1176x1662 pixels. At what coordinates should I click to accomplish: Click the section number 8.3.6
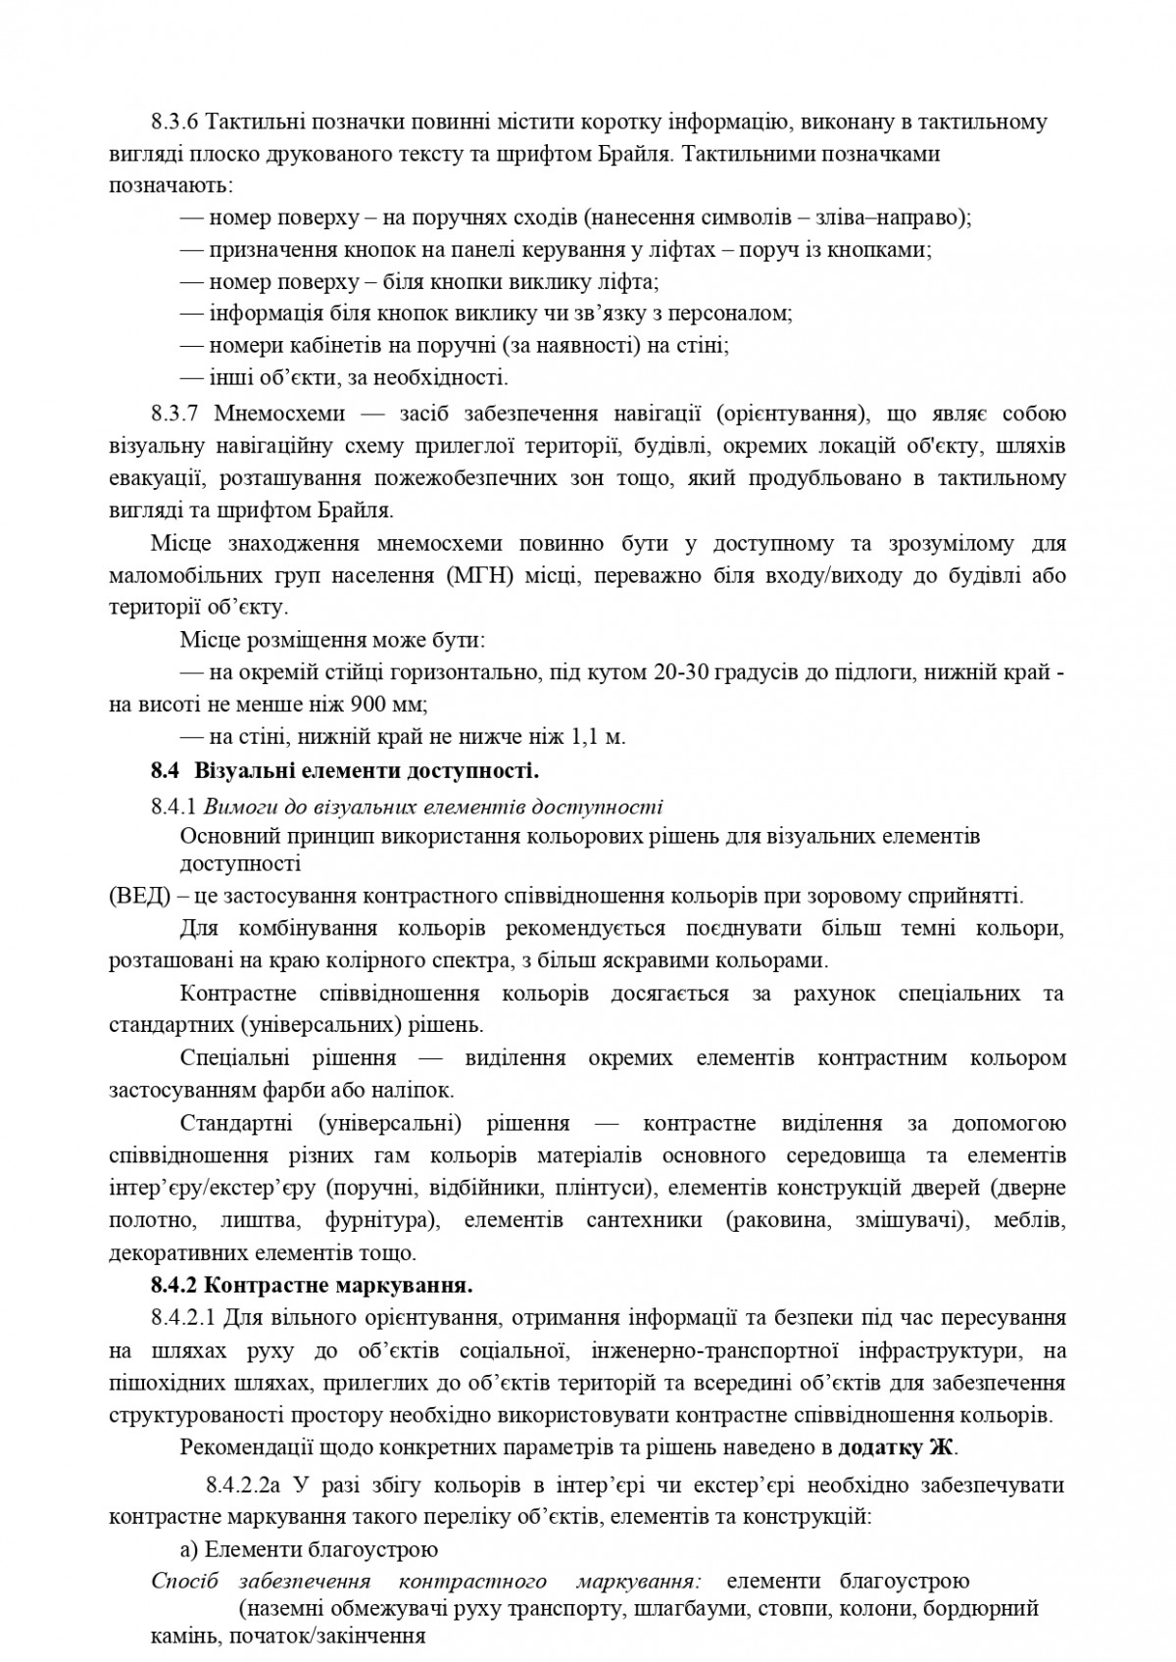tap(175, 122)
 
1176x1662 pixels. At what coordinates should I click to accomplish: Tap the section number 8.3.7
tap(175, 414)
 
